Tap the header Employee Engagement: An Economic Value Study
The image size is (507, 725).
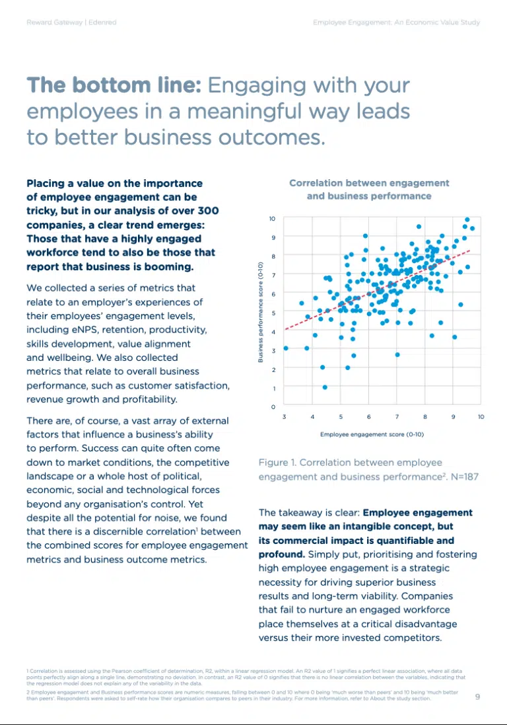(396, 22)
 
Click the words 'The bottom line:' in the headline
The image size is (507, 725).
(114, 86)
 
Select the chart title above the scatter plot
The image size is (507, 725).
(369, 189)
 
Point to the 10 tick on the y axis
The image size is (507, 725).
(272, 218)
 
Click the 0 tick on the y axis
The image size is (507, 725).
(273, 406)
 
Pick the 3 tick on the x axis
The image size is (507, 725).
(285, 418)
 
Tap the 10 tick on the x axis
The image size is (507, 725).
(481, 418)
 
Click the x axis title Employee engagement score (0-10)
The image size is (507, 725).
(372, 434)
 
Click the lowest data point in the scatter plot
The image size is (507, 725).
(325, 387)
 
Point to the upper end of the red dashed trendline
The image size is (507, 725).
(469, 250)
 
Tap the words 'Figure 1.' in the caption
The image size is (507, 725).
(279, 463)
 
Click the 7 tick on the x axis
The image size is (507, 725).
(397, 418)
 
